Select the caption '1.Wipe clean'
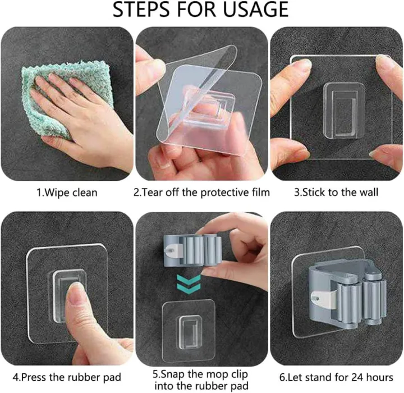pos(67,193)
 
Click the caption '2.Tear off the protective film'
pos(201,193)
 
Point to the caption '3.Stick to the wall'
pos(337,193)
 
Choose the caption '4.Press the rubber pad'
pos(67,377)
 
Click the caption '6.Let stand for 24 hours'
pos(337,377)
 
